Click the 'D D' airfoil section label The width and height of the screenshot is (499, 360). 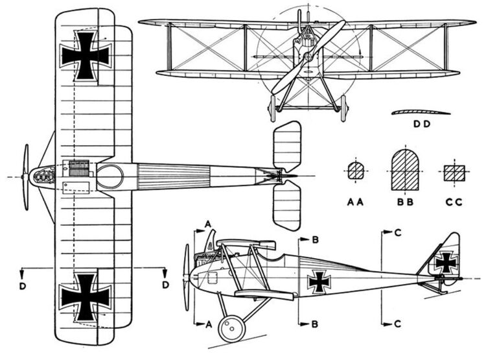click(x=421, y=123)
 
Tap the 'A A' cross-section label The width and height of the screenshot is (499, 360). click(x=355, y=202)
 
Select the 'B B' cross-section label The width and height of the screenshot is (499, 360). click(x=405, y=202)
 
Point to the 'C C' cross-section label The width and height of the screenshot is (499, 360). click(x=454, y=202)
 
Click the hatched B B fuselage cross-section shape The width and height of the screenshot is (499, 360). click(x=405, y=170)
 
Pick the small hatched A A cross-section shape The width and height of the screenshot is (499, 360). click(x=355, y=171)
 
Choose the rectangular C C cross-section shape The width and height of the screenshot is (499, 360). click(x=455, y=173)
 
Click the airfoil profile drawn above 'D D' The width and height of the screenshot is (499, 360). click(x=420, y=112)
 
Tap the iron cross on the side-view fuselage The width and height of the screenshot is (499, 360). click(x=319, y=282)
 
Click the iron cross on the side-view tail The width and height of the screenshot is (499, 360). click(x=446, y=262)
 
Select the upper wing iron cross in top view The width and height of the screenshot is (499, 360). click(x=85, y=54)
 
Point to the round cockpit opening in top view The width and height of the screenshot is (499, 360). click(x=110, y=176)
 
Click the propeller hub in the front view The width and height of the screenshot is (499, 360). click(x=308, y=57)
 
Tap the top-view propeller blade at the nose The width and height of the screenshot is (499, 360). click(x=26, y=176)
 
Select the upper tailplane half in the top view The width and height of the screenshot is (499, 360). click(x=287, y=146)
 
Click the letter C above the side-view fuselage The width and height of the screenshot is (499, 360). click(x=397, y=232)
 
